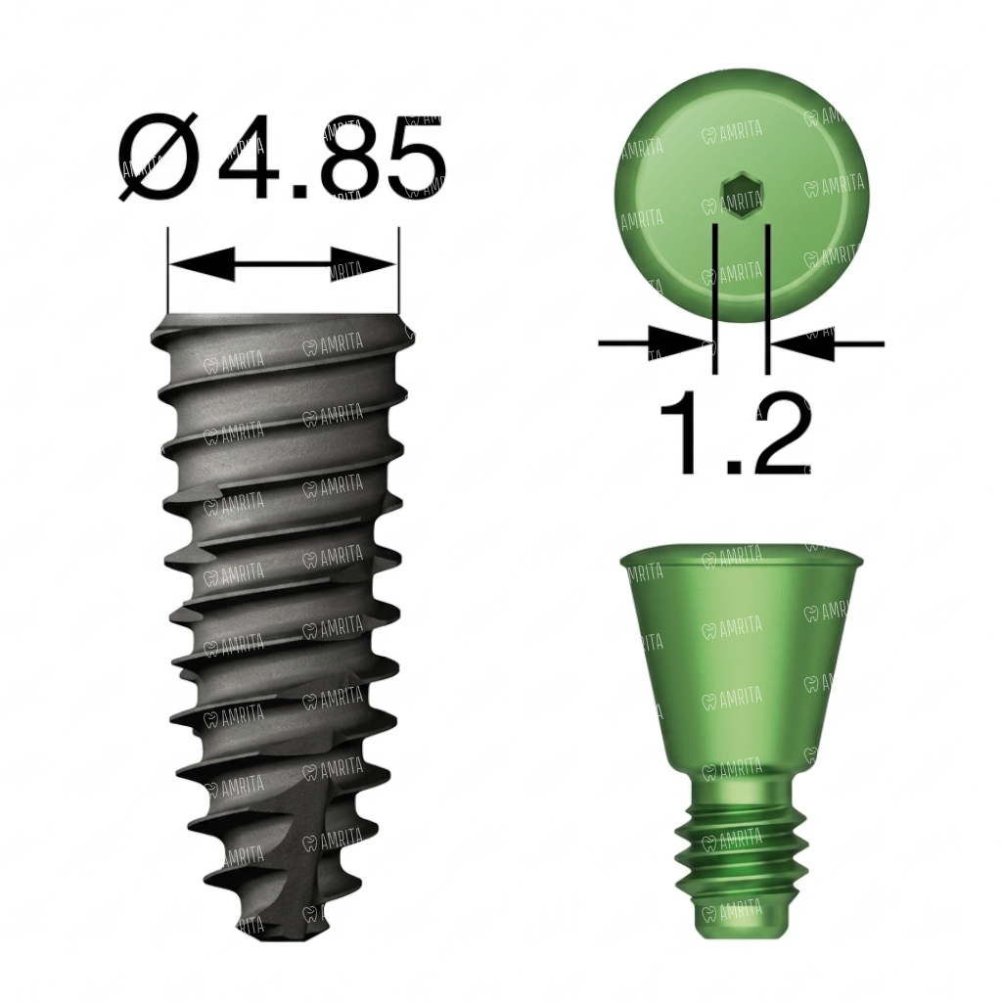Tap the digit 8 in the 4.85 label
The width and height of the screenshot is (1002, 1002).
pyautogui.click(x=349, y=158)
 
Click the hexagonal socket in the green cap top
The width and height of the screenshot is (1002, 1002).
pyautogui.click(x=742, y=195)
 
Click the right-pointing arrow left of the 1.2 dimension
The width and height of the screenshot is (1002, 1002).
pyautogui.click(x=655, y=343)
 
